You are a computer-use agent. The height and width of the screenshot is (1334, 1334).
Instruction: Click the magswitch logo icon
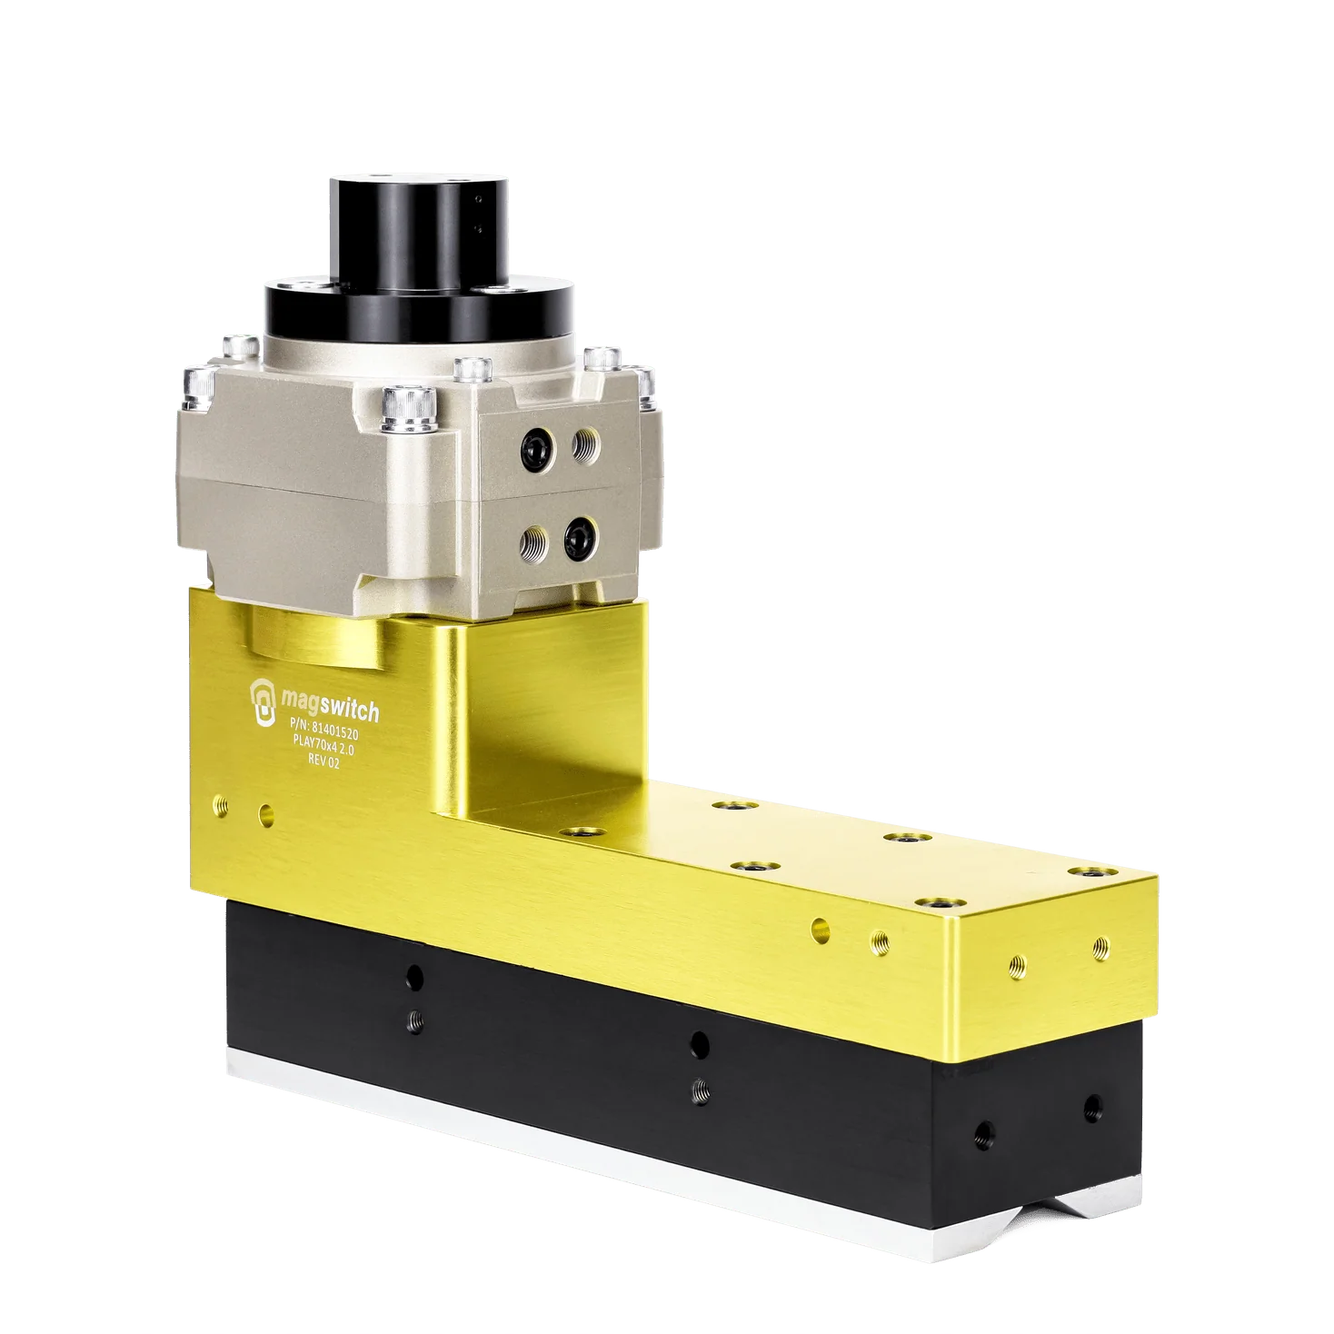[264, 699]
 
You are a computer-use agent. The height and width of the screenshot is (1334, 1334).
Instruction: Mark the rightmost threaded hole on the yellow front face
[1100, 945]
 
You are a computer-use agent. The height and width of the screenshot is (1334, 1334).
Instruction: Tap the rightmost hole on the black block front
[1091, 1107]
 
